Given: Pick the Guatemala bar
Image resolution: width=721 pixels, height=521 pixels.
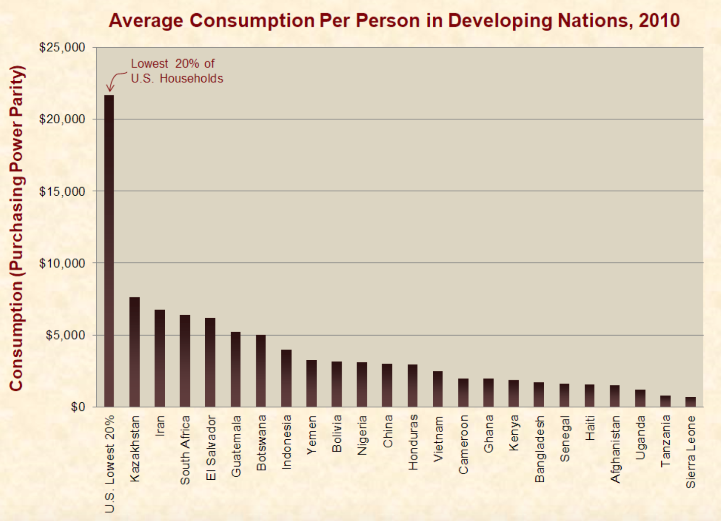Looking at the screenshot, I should pos(235,369).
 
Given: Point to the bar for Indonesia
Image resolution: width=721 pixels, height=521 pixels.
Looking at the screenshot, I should pos(286,378).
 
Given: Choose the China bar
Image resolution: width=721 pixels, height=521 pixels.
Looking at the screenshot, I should pos(387,385).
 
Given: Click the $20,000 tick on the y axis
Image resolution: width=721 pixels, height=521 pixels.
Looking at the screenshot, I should pos(62,119).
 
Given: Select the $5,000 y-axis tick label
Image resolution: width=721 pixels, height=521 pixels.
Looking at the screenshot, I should pos(65,335).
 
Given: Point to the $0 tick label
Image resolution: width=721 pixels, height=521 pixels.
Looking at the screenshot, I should pos(78,407).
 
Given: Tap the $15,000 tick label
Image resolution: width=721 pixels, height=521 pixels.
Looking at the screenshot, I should pos(62,191).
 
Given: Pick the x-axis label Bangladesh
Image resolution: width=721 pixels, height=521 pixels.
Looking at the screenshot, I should pos(539,449).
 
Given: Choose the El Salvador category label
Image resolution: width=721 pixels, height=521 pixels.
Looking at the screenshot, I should pos(210,447).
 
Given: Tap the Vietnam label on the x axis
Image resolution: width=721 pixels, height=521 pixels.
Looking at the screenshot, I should pos(438,439).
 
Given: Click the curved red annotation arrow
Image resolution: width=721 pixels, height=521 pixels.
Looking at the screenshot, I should pos(114,80).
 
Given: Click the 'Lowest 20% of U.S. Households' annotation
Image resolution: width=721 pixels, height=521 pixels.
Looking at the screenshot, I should pos(177,71).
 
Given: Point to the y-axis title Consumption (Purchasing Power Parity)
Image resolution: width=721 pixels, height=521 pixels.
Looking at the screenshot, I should pos(16,228).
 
